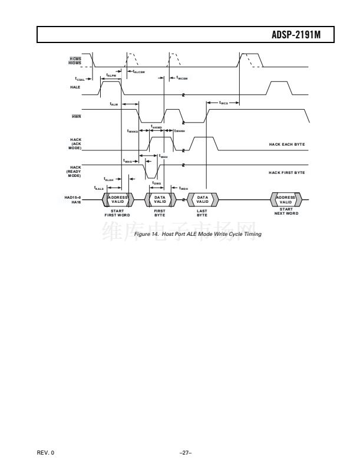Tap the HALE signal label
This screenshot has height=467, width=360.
point(75,87)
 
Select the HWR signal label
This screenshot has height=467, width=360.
point(75,116)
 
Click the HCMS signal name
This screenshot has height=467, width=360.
point(75,58)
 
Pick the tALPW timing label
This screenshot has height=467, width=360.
point(111,75)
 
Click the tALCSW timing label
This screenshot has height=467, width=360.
point(139,71)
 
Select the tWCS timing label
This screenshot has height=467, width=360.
point(224,102)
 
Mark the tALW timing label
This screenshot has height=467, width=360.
point(114,104)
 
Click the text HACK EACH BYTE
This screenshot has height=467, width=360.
point(287,144)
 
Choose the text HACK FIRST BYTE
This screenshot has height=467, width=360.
point(287,173)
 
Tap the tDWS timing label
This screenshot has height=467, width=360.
point(156,183)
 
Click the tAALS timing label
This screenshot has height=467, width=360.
point(98,188)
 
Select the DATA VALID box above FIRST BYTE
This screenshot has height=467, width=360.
point(160,200)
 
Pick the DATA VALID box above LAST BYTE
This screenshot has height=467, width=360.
point(203,200)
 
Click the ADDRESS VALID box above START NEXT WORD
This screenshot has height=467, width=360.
point(286,200)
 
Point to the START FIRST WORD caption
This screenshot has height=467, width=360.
point(117,213)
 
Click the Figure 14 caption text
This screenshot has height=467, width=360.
point(197,234)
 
